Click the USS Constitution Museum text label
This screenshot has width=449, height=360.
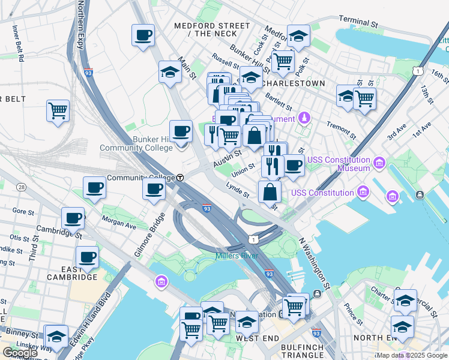pyautogui.click(x=339, y=164)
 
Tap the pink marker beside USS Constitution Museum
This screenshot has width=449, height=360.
pyautogui.click(x=379, y=163)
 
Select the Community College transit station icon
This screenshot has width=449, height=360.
pyautogui.click(x=180, y=178)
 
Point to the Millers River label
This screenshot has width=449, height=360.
pyautogui.click(x=237, y=256)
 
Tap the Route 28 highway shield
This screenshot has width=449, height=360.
pyautogui.click(x=22, y=188)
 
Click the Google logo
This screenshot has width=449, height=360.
pyautogui.click(x=20, y=353)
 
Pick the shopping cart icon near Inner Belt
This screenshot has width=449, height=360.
pyautogui.click(x=58, y=110)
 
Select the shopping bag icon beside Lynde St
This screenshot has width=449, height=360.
pyautogui.click(x=270, y=192)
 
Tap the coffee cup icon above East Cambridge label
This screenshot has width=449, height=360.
pyautogui.click(x=88, y=257)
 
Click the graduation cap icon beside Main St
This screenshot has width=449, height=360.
pyautogui.click(x=170, y=72)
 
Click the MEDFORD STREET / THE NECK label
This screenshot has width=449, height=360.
pyautogui.click(x=212, y=29)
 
